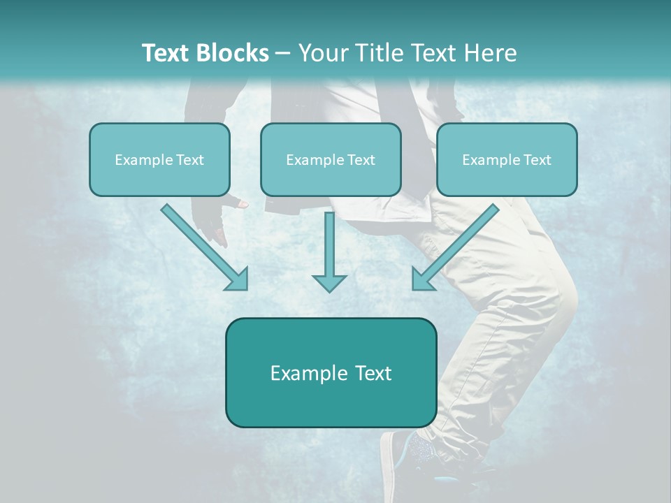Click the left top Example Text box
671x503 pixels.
tap(159, 159)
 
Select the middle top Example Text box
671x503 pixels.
tap(331, 159)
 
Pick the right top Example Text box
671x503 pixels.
tap(507, 159)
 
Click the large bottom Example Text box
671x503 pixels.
tap(331, 372)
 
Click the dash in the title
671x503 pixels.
tap(283, 53)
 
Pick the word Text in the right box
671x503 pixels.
tap(537, 160)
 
